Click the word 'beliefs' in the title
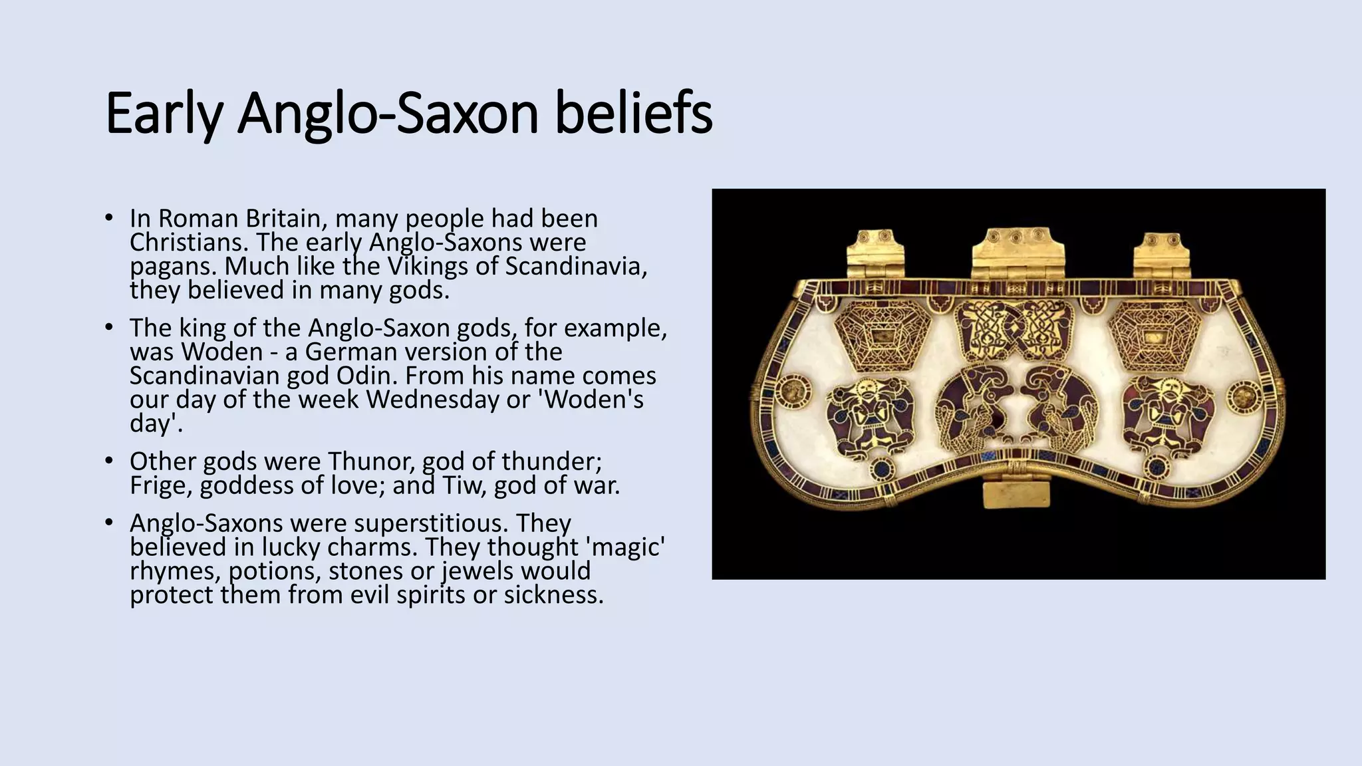633,113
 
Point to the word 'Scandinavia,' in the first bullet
576,266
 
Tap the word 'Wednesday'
440,400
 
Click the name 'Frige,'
161,485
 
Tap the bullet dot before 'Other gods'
108,460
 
